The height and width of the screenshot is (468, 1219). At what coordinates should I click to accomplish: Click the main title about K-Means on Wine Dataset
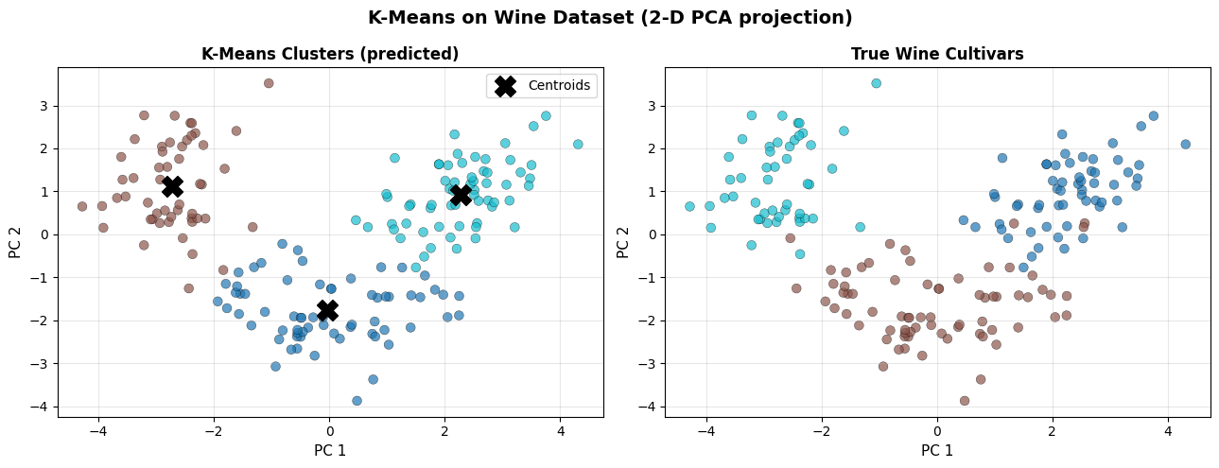(609, 18)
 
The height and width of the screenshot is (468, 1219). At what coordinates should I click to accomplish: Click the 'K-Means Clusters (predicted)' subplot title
(330, 55)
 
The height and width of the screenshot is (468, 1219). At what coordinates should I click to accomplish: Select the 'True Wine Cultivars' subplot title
(937, 55)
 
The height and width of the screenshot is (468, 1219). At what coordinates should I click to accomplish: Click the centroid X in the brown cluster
(172, 186)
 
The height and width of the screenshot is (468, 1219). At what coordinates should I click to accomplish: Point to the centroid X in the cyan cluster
(461, 195)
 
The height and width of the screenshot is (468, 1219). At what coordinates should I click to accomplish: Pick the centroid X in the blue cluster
(328, 310)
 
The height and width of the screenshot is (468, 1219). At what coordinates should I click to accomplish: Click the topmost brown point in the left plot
(269, 83)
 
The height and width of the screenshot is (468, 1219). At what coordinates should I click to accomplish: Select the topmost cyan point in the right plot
(877, 83)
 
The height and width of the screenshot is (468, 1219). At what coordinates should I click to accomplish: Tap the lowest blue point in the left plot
(357, 401)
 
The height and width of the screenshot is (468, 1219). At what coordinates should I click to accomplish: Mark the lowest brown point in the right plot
(965, 401)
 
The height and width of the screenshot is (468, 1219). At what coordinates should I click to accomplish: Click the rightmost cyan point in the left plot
(578, 145)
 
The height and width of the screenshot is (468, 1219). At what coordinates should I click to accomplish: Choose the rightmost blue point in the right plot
(1185, 145)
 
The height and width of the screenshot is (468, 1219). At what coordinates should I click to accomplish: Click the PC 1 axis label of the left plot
(330, 451)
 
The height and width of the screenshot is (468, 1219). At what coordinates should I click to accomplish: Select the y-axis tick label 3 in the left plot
(43, 106)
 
